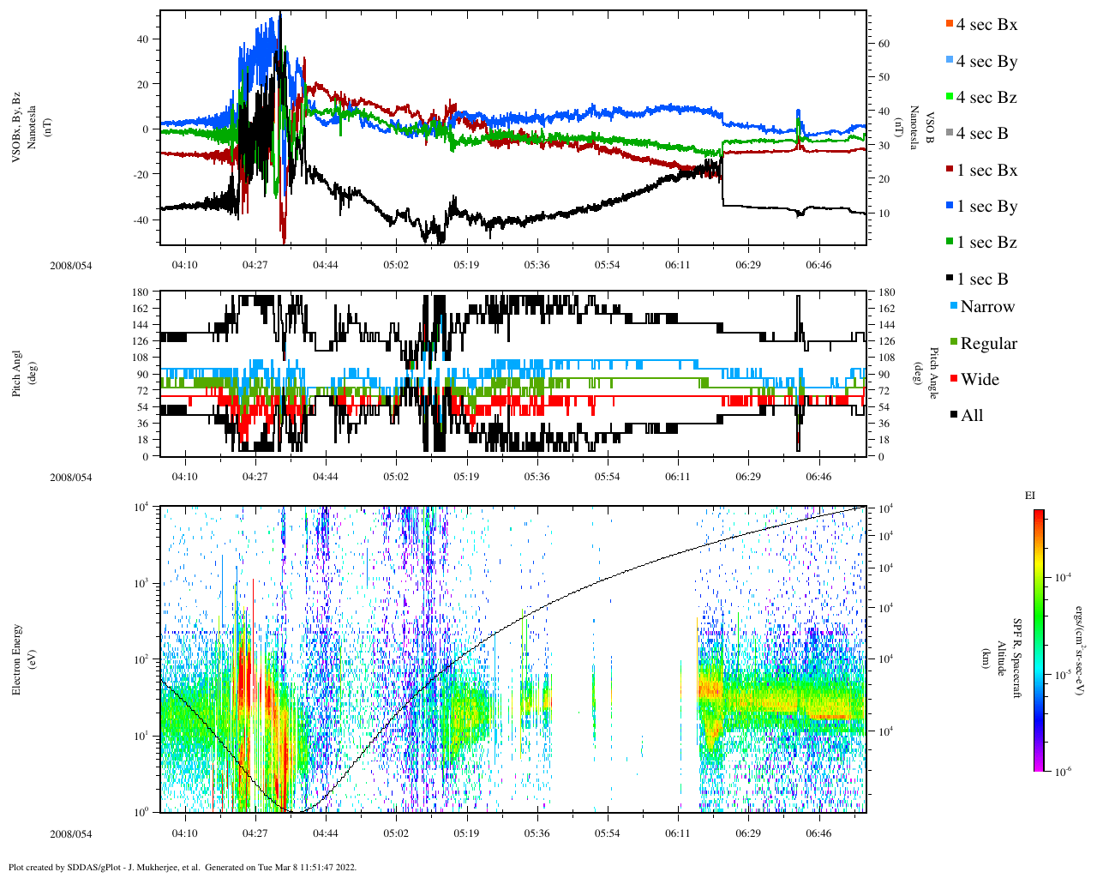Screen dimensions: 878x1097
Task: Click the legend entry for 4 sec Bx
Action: [x=986, y=25]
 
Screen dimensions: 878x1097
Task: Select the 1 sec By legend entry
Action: [x=986, y=207]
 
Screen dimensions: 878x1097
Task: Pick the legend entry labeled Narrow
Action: [x=986, y=307]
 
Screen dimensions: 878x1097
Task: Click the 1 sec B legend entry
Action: [x=981, y=280]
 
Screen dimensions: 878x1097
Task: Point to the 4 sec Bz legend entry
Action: [x=986, y=98]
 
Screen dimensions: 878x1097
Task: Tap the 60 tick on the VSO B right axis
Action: [x=883, y=44]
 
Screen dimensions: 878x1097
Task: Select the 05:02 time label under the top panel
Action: [x=396, y=265]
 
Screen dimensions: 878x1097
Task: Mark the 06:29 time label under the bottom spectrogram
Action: [x=748, y=833]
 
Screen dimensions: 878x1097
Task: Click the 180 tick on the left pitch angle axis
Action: [x=141, y=292]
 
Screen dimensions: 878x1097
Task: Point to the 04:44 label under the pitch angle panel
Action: [x=325, y=477]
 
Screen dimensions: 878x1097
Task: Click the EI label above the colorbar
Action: [x=1030, y=496]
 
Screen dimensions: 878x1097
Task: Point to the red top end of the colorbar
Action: [x=1038, y=514]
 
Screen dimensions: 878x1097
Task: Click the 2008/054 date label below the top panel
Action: [x=70, y=265]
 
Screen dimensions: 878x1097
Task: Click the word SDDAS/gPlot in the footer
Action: [x=93, y=867]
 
